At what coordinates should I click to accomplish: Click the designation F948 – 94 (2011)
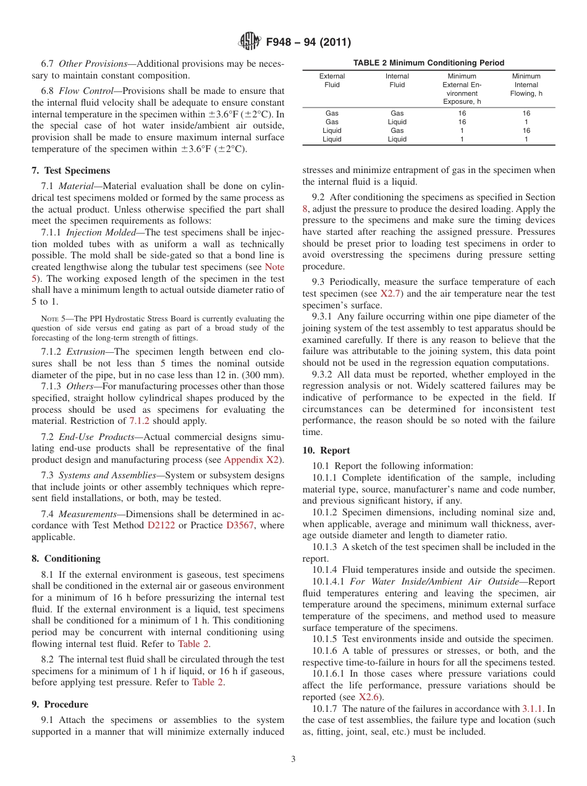308,43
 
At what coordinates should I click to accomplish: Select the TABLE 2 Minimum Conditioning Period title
428,63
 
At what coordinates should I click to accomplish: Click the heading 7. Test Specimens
70,171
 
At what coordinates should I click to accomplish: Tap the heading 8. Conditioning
65,559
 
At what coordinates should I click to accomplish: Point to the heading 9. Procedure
60,704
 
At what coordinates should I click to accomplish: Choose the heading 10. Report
326,450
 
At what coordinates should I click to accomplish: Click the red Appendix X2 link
251,460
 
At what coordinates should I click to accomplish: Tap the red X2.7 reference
391,294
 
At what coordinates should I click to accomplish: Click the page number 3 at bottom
293,759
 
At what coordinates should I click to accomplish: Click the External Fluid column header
332,81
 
